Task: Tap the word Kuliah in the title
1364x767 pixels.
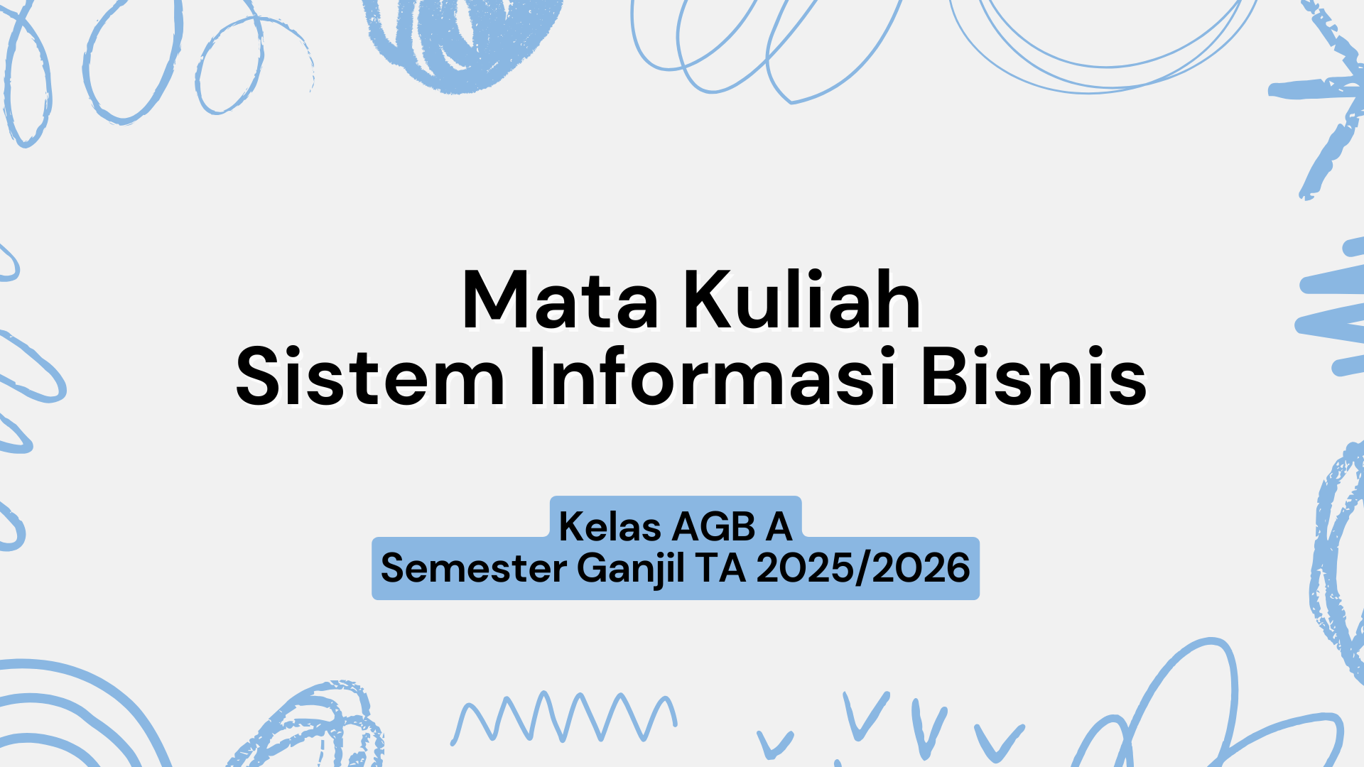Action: coord(802,301)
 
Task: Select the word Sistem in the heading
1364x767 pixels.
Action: coord(369,378)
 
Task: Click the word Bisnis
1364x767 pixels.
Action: coord(1034,378)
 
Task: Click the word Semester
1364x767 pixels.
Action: coord(474,568)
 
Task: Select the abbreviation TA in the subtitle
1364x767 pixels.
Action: coord(720,568)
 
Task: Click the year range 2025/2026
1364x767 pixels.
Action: coord(863,568)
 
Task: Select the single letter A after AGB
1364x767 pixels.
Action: coord(779,527)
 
